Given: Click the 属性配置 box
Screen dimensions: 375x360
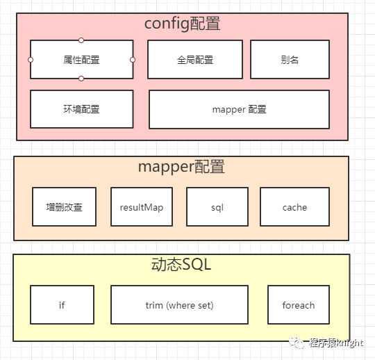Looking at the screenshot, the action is pyautogui.click(x=81, y=59).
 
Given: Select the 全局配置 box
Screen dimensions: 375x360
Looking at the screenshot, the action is pyautogui.click(x=195, y=59).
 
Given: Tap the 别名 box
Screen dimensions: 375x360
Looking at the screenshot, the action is pyautogui.click(x=290, y=59).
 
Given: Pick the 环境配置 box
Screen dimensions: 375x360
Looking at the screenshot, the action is pyautogui.click(x=81, y=109).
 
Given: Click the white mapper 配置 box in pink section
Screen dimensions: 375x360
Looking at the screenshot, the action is pyautogui.click(x=239, y=109).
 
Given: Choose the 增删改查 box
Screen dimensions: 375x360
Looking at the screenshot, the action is pyautogui.click(x=65, y=207).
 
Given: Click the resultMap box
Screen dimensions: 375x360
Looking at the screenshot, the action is pyautogui.click(x=142, y=207).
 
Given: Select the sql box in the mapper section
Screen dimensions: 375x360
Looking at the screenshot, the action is pyautogui.click(x=217, y=207).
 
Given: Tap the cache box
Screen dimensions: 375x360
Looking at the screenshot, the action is pyautogui.click(x=294, y=207).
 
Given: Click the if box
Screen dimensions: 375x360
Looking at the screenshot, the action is pyautogui.click(x=62, y=304).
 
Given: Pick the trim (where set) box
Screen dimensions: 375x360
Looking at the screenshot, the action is pyautogui.click(x=179, y=304).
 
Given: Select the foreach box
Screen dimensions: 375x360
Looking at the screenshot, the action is pyautogui.click(x=299, y=304).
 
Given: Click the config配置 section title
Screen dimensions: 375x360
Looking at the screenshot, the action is pyautogui.click(x=182, y=24).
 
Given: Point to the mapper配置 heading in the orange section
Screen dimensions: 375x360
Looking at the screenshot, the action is pyautogui.click(x=181, y=167).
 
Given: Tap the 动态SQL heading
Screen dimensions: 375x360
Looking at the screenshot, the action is pyautogui.click(x=181, y=265).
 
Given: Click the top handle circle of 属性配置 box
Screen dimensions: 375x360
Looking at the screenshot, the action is pyautogui.click(x=81, y=40).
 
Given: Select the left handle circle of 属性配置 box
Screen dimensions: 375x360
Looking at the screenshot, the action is pyautogui.click(x=31, y=60).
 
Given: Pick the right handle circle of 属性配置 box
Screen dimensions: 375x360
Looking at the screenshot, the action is pyautogui.click(x=133, y=60).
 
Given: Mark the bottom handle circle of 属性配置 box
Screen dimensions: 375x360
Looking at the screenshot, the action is pyautogui.click(x=81, y=79).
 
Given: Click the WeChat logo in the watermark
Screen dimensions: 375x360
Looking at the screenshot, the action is pyautogui.click(x=297, y=343).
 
